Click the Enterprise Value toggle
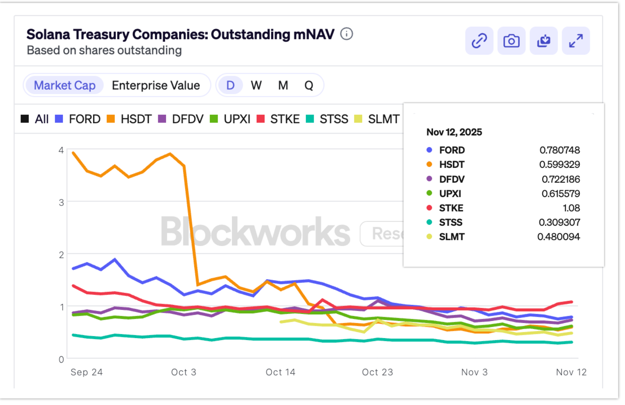(156, 85)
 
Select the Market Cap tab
(64, 85)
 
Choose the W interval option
(256, 85)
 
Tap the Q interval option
(309, 85)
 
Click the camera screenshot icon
(511, 41)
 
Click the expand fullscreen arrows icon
(576, 41)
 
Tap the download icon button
(543, 41)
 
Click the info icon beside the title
(346, 34)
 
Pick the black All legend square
(25, 119)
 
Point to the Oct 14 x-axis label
(280, 372)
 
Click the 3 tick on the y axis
(61, 202)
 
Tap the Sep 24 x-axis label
(86, 372)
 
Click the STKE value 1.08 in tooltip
(571, 208)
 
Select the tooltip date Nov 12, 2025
(454, 132)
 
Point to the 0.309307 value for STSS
(559, 222)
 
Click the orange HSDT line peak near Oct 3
(170, 154)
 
